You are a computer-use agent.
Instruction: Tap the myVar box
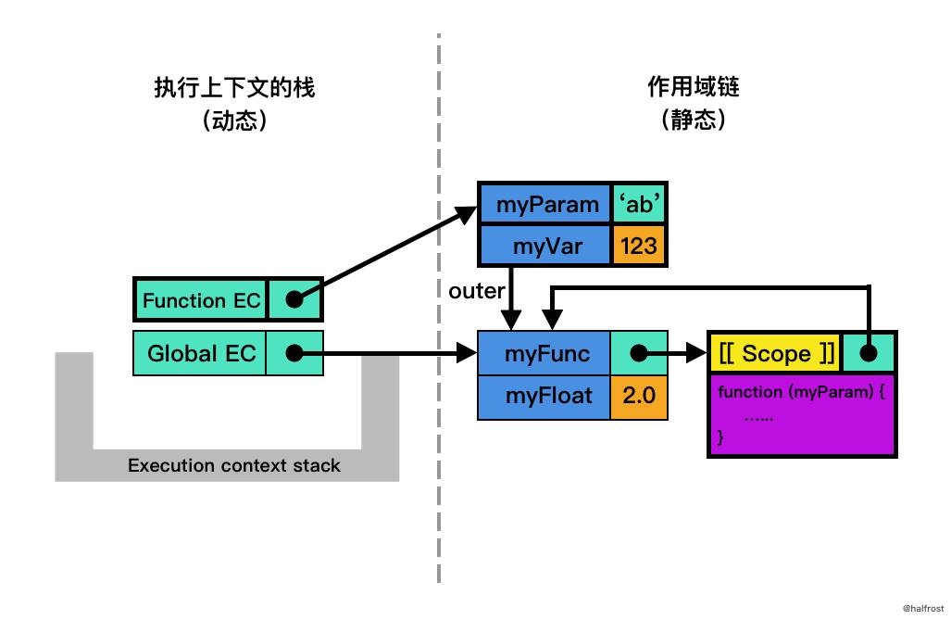(544, 246)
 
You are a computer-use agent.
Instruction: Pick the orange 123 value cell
(639, 246)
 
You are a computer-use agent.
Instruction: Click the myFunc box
(544, 354)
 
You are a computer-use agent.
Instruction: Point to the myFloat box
(544, 396)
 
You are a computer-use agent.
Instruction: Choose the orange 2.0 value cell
(639, 396)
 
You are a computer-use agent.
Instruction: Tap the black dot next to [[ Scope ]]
(869, 353)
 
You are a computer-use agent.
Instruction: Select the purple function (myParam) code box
(802, 415)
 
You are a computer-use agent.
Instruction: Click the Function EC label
(196, 300)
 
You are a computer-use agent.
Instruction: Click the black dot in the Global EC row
(294, 353)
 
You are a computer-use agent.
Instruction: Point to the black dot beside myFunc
(638, 354)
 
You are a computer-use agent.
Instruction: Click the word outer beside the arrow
(474, 291)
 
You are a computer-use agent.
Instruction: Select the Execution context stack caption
(233, 465)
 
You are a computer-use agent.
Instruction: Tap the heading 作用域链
(694, 88)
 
